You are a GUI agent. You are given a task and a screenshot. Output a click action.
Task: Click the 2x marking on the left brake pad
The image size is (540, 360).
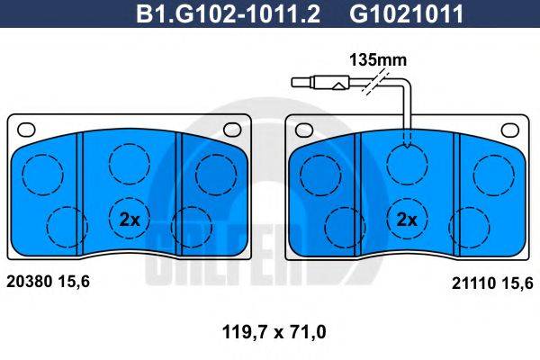pos(130,218)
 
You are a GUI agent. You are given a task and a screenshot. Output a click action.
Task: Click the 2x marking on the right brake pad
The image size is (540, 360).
pos(407,218)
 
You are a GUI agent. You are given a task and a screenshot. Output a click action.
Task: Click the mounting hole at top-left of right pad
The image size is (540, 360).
pos(304,127)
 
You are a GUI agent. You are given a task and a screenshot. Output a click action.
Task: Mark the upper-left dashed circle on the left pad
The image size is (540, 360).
pos(40,173)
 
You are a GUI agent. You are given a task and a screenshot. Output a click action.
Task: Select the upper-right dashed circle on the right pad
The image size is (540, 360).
pos(493,172)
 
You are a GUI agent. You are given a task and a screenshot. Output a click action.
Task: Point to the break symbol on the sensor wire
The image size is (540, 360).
pos(364,85)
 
